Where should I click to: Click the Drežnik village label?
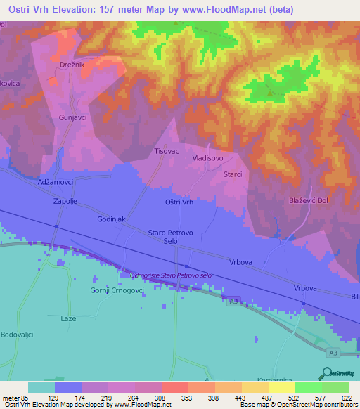pyautogui.click(x=75, y=84)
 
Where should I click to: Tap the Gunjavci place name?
pyautogui.click(x=73, y=117)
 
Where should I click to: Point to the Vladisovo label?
pyautogui.click(x=208, y=159)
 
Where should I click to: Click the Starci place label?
pyautogui.click(x=233, y=174)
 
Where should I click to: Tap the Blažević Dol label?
pyautogui.click(x=309, y=202)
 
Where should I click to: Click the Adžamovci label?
pyautogui.click(x=56, y=181)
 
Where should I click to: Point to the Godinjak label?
pyautogui.click(x=111, y=219)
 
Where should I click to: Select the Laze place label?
pyautogui.click(x=68, y=318)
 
